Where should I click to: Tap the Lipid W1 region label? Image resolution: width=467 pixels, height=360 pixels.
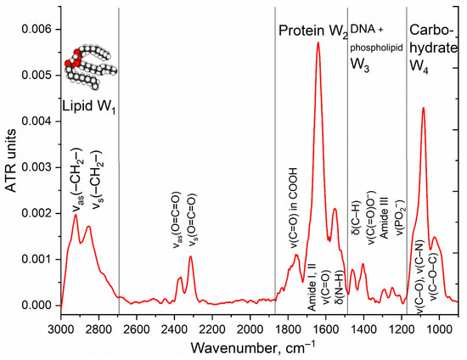click(89, 108)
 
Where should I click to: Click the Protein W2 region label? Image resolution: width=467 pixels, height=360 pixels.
click(313, 33)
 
